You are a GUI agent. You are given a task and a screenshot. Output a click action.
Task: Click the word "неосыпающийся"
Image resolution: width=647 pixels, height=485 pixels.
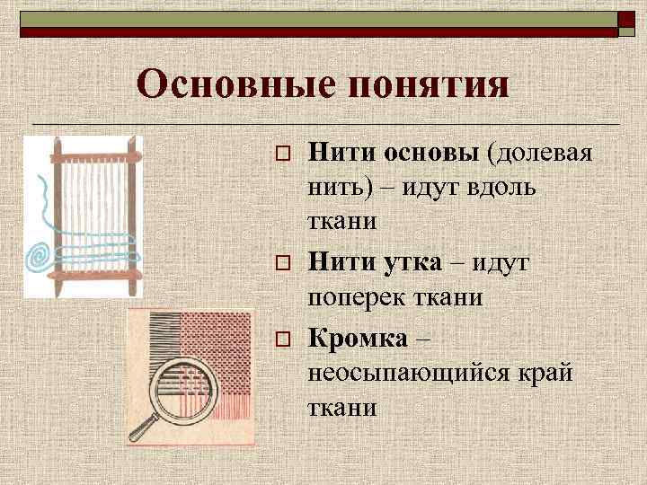[404, 373]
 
